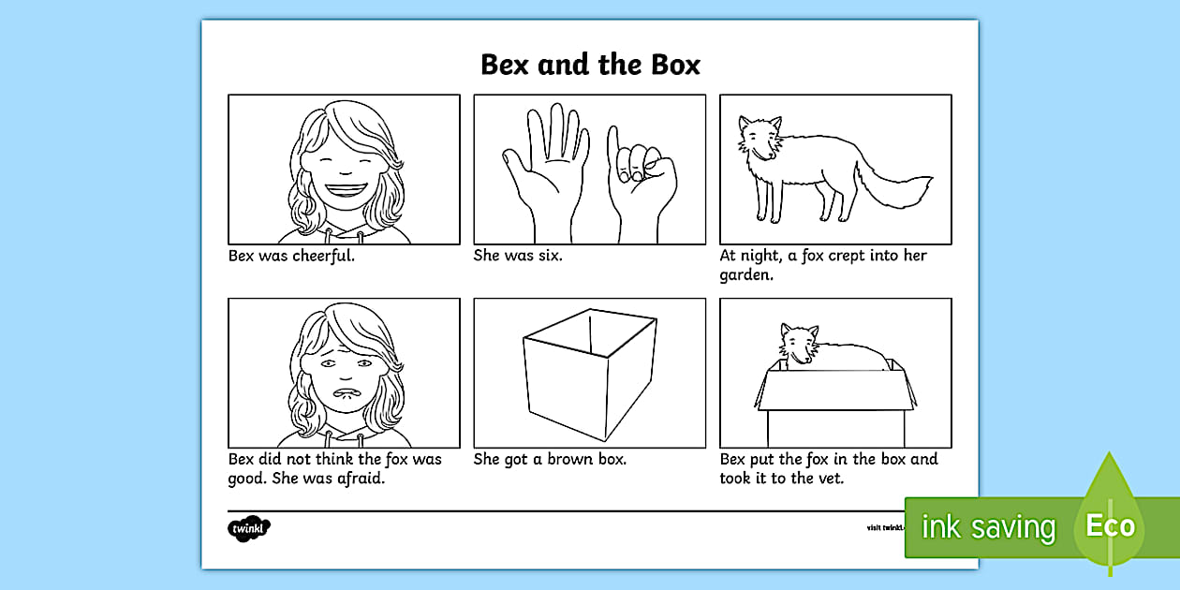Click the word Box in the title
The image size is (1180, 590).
(675, 65)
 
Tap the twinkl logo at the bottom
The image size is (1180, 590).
(249, 528)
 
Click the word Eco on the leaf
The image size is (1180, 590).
(1110, 525)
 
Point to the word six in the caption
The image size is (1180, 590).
(549, 256)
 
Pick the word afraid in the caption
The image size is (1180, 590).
(361, 479)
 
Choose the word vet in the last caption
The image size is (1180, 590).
(830, 479)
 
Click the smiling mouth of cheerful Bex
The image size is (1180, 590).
(346, 190)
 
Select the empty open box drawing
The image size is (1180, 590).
(590, 375)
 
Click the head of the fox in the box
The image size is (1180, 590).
(799, 345)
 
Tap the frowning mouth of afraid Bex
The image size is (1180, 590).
(345, 393)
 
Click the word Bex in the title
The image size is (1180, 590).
(504, 65)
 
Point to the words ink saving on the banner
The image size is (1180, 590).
(988, 526)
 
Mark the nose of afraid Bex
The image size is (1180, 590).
(345, 375)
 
